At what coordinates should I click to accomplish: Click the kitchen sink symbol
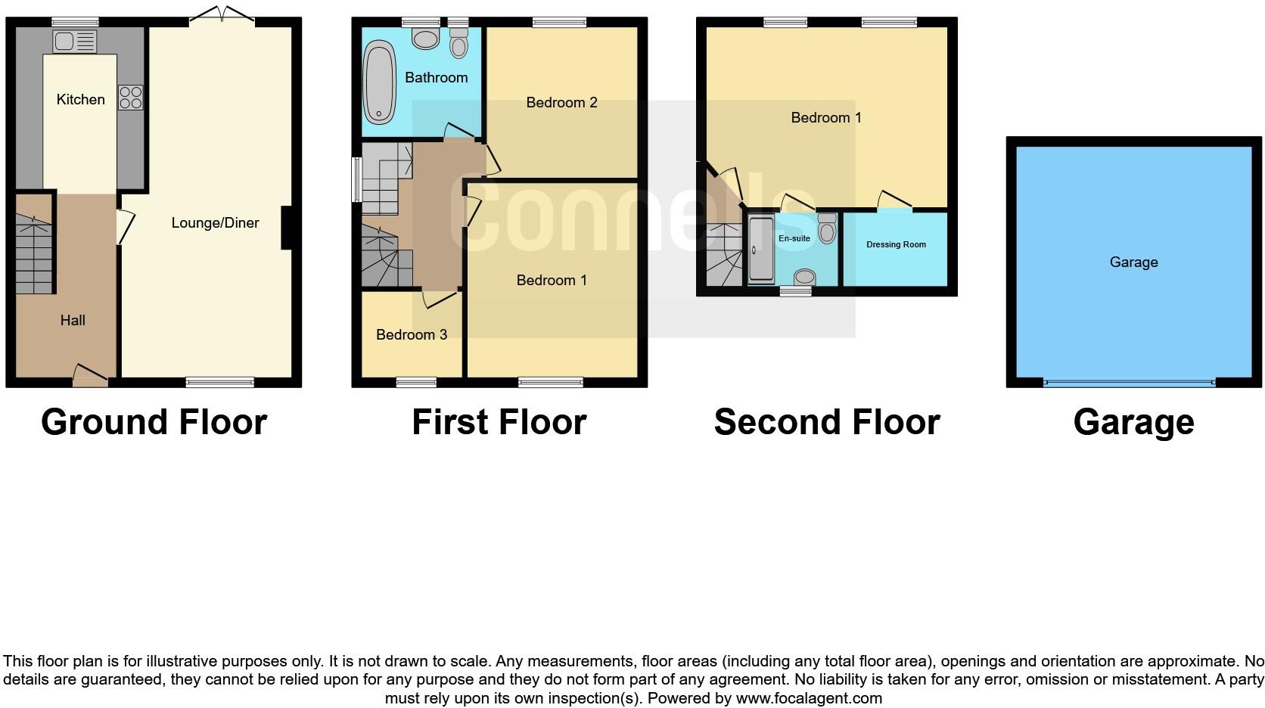(x=75, y=42)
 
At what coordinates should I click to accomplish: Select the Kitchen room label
(x=80, y=99)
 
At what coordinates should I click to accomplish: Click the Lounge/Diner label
(x=215, y=222)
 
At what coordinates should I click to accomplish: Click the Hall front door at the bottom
(x=90, y=374)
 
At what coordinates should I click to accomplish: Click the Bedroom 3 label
(x=411, y=334)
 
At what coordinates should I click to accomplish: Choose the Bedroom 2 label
(x=561, y=102)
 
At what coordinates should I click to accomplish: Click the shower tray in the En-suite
(x=761, y=250)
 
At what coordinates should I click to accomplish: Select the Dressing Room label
(x=896, y=244)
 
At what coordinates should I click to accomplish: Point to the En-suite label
(x=794, y=238)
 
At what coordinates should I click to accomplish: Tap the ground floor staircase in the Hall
(x=33, y=254)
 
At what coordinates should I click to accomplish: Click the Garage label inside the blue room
(x=1133, y=262)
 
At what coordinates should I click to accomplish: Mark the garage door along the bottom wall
(x=1129, y=383)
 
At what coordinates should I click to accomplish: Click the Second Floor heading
(x=826, y=422)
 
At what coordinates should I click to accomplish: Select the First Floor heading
(x=499, y=422)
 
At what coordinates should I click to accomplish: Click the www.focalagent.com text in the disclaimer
(x=809, y=698)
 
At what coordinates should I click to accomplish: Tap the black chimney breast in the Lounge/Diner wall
(x=287, y=228)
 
